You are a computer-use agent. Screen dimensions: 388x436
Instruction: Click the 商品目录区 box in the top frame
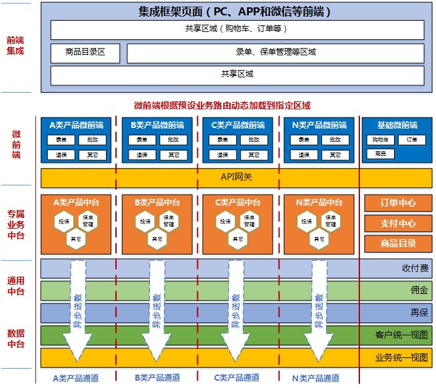pyautogui.click(x=86, y=53)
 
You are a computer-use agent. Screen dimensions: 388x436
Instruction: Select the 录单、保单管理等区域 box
pyautogui.click(x=275, y=53)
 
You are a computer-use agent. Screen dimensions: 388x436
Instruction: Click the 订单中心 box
pyautogui.click(x=398, y=203)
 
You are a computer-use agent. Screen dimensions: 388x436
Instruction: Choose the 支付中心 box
pyautogui.click(x=398, y=223)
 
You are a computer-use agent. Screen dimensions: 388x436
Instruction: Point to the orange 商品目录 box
pyautogui.click(x=398, y=243)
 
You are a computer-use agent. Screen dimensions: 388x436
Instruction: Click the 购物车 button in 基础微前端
pyautogui.click(x=381, y=140)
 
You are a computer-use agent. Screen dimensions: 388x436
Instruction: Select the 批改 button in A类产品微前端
pyautogui.click(x=92, y=140)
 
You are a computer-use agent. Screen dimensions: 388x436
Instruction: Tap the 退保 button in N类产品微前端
pyautogui.click(x=304, y=155)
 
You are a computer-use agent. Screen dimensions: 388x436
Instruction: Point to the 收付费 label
pyautogui.click(x=413, y=269)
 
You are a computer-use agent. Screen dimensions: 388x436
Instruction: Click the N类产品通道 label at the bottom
pyautogui.click(x=316, y=378)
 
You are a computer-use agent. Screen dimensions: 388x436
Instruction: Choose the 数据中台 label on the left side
pyautogui.click(x=16, y=338)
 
